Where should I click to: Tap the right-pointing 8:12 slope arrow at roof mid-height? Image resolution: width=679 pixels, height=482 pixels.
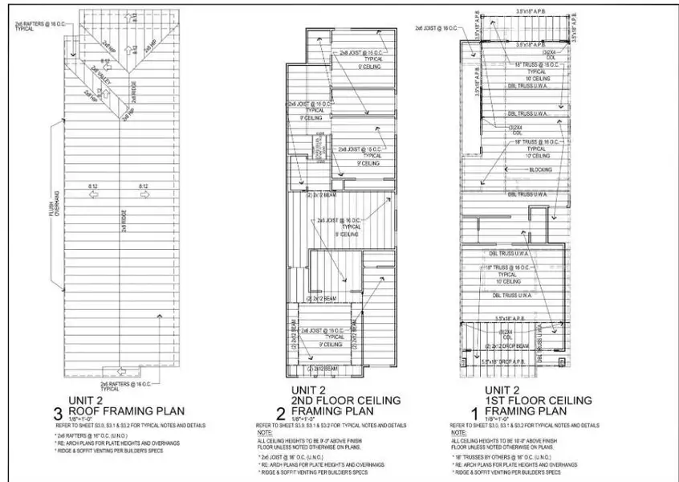(x=144, y=194)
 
